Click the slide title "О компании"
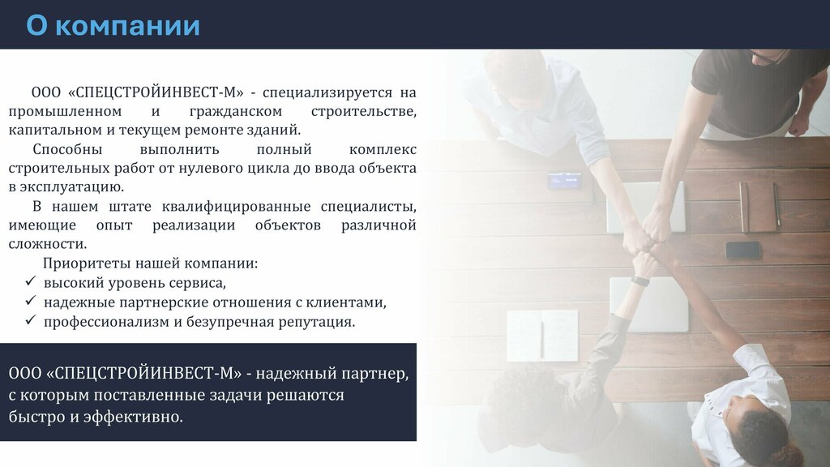[x=113, y=25]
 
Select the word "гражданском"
[x=236, y=112]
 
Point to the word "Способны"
[x=67, y=150]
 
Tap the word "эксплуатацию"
[x=71, y=187]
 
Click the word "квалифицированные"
[x=236, y=207]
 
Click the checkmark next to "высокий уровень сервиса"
[x=31, y=281]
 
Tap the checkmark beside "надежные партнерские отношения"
[x=31, y=301]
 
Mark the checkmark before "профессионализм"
[x=31, y=319]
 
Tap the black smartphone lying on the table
[x=743, y=250]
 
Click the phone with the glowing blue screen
[x=564, y=181]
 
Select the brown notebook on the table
[x=759, y=207]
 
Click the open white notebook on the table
[x=542, y=336]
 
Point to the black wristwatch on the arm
[x=640, y=281]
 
